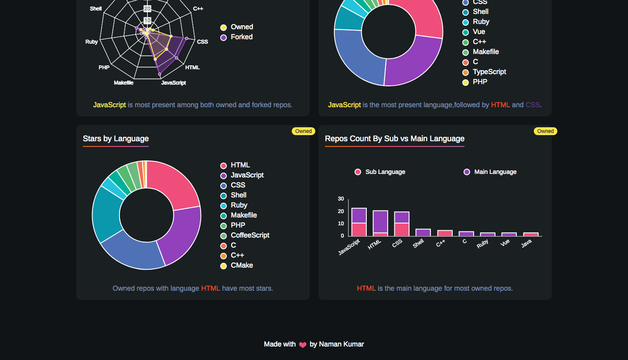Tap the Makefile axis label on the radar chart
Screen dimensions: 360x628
(123, 83)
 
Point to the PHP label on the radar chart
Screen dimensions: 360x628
(104, 68)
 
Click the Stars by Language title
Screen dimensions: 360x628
(116, 139)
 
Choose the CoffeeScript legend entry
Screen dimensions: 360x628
(249, 235)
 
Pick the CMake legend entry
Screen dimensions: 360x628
(242, 265)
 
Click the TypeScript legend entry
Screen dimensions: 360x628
(489, 72)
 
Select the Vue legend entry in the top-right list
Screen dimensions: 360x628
(478, 32)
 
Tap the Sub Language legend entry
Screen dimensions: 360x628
(385, 172)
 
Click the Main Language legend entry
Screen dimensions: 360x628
(495, 172)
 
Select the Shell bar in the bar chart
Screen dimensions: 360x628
(423, 233)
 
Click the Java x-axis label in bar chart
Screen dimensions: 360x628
(526, 243)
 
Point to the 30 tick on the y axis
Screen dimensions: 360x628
(341, 199)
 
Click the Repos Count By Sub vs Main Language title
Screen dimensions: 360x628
(394, 139)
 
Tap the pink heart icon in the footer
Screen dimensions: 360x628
(303, 345)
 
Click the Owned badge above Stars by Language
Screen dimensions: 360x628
(303, 131)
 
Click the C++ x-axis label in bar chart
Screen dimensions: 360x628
(441, 243)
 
